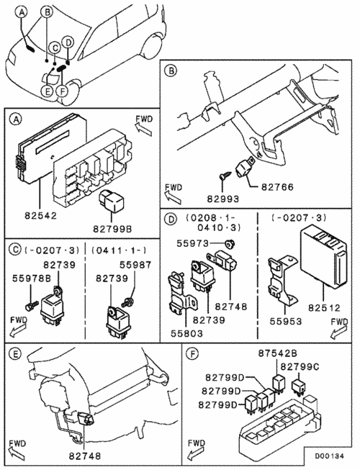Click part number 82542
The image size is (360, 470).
[40, 215]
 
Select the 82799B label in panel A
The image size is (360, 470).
[112, 229]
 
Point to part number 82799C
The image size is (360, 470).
[300, 366]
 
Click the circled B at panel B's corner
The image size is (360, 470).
[171, 71]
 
